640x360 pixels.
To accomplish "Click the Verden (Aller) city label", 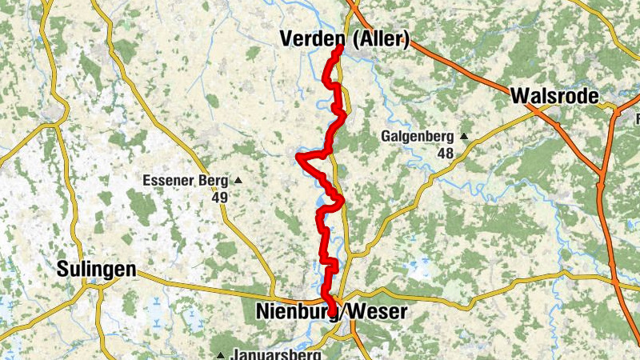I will click(x=345, y=38).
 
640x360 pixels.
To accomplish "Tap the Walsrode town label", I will click(x=554, y=97).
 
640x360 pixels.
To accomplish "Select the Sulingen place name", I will click(x=96, y=270).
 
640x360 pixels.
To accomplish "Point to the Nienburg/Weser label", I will click(x=332, y=311).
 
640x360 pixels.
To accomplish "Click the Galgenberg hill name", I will click(x=418, y=135).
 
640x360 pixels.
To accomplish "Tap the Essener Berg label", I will click(x=186, y=180).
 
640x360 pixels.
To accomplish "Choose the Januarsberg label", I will click(x=276, y=354).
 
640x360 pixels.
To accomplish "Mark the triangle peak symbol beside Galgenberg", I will click(x=462, y=135).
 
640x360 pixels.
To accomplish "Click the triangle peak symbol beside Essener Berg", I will click(x=237, y=180).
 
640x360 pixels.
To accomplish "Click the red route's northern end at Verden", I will click(x=340, y=48).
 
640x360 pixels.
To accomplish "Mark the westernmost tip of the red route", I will click(x=298, y=156).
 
